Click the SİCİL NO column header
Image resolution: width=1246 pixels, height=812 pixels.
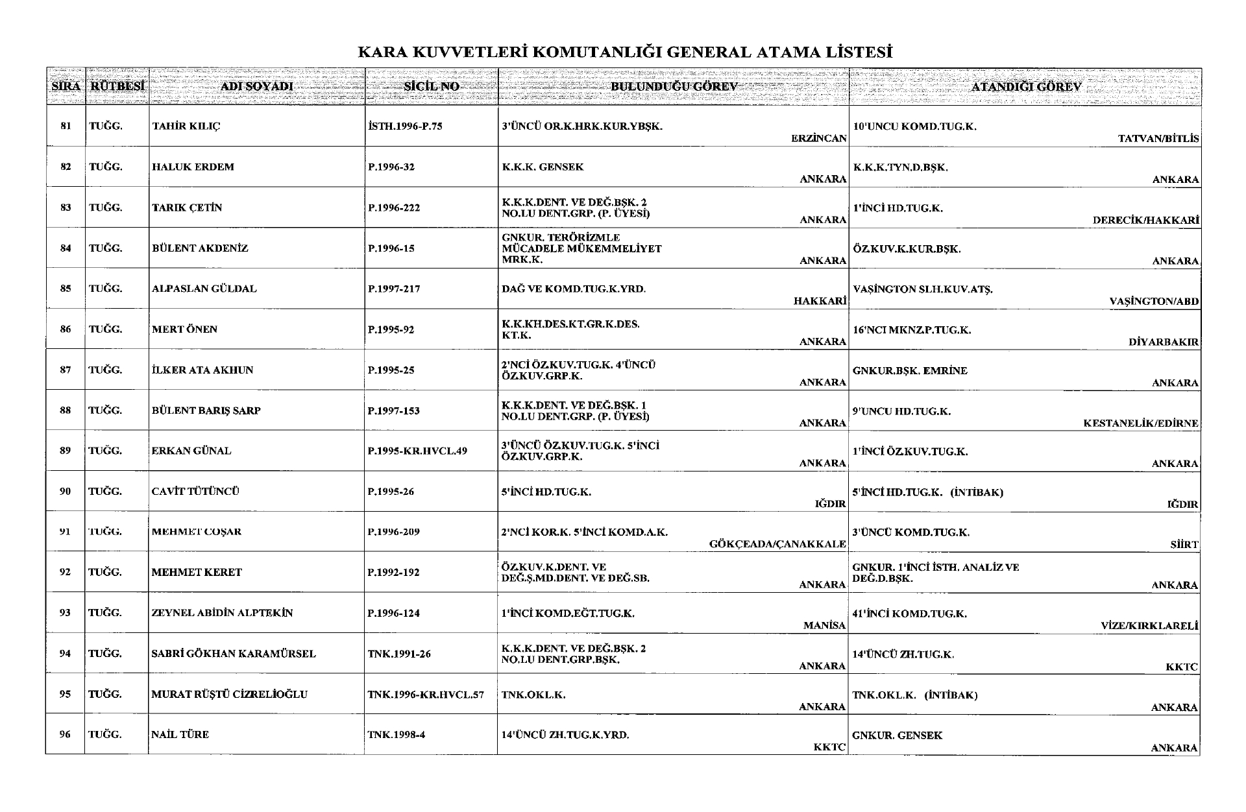(432, 86)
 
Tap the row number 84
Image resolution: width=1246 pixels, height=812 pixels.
(66, 248)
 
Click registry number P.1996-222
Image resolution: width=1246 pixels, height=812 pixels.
(394, 208)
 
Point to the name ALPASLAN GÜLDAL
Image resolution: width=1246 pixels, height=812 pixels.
(204, 289)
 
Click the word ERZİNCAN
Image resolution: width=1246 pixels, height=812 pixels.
(819, 139)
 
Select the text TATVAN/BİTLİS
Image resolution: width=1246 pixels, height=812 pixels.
(1158, 139)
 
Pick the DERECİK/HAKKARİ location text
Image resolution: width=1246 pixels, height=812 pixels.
(1145, 221)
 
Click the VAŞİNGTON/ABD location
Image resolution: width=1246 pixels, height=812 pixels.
(1154, 302)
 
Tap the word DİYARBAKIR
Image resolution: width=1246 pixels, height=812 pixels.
(1164, 342)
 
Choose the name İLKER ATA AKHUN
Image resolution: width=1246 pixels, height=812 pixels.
(202, 370)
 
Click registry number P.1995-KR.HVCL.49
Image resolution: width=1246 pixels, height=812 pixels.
(417, 451)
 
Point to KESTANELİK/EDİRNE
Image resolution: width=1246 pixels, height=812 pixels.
(1141, 424)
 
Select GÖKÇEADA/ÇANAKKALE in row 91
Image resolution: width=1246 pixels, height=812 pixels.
(777, 544)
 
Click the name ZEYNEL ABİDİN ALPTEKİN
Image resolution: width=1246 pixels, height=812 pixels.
(222, 613)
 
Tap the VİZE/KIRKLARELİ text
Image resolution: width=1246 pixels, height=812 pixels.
(1149, 627)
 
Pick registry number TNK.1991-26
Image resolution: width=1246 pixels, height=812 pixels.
(399, 654)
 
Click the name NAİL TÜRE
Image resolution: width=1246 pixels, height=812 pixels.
(180, 735)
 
